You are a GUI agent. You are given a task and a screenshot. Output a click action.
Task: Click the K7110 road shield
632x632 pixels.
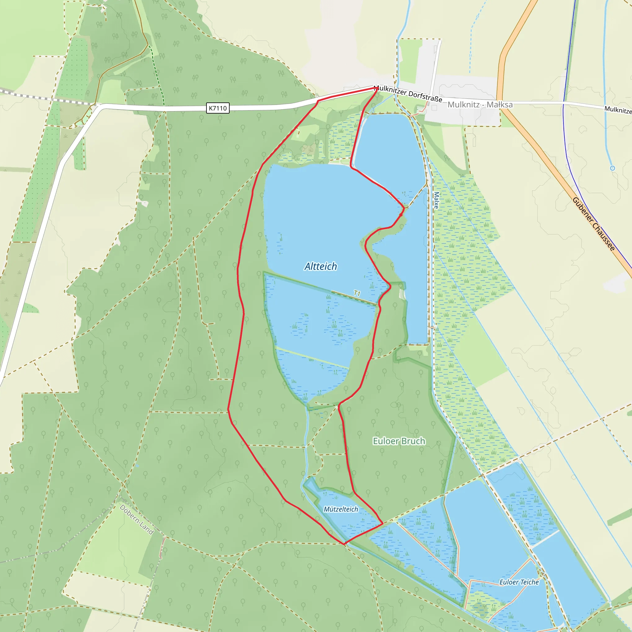click(218, 108)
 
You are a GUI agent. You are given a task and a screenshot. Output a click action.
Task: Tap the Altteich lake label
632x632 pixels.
click(321, 266)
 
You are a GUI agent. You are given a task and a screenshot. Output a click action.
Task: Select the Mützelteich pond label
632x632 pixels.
click(341, 509)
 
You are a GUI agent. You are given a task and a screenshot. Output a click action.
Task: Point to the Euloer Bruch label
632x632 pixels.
click(399, 441)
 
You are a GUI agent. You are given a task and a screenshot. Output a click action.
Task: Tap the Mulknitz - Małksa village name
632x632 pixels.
click(480, 105)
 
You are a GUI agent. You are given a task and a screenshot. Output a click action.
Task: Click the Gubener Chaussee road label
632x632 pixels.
click(593, 224)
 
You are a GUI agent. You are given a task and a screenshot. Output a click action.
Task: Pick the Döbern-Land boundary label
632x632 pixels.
click(136, 519)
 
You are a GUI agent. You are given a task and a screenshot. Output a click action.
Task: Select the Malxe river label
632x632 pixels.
click(436, 200)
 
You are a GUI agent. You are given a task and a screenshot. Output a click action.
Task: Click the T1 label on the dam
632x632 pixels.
click(357, 293)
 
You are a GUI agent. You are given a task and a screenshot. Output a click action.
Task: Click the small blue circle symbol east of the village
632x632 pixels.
click(612, 168)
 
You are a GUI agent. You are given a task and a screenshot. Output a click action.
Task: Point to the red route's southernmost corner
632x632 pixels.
click(344, 544)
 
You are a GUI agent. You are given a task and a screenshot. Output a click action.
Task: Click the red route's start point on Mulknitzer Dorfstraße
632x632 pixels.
click(376, 88)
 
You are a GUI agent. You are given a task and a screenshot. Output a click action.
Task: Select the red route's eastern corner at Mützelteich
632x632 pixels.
click(383, 523)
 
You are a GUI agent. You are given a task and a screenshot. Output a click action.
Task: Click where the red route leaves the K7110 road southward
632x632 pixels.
click(318, 101)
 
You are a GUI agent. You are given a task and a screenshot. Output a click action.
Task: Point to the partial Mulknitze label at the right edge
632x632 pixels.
click(618, 110)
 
